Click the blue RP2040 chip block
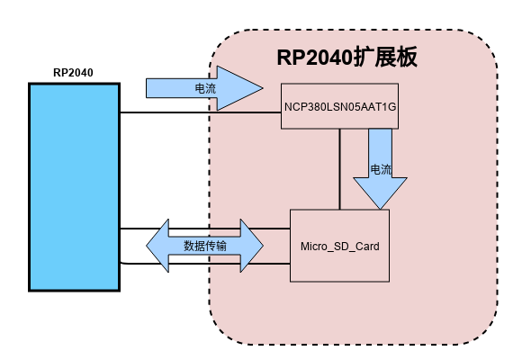pos(75,187)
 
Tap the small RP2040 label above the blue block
pos(73,73)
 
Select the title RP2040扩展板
pos(347,58)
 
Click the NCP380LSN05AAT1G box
pos(339,106)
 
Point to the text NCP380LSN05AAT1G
pos(340,107)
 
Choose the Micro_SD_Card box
pos(339,246)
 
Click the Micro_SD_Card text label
pos(340,247)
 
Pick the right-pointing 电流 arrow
pos(204,88)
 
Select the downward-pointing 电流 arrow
pos(380,169)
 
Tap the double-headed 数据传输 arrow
pos(204,246)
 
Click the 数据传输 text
pos(205,246)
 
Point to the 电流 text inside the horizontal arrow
pos(205,88)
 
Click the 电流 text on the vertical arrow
pos(381,169)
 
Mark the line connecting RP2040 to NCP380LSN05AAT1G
pos(201,112)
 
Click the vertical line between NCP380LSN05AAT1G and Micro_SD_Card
pos(340,169)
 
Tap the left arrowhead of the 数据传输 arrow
pos(157,246)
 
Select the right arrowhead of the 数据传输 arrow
pos(252,246)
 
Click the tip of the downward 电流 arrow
pos(380,209)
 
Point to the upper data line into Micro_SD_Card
pos(205,229)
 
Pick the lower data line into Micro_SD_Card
pos(205,263)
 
